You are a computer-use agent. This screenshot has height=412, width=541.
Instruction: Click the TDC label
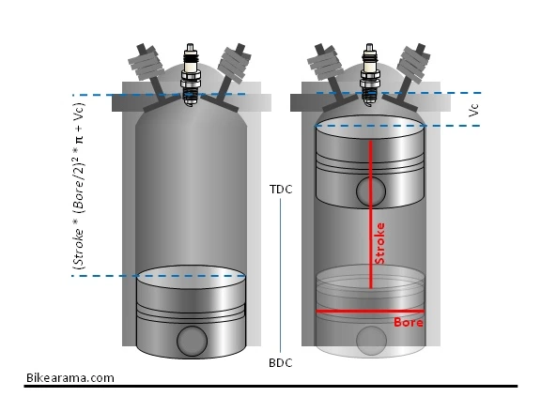(x=281, y=190)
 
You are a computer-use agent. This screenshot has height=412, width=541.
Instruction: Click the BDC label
(x=281, y=362)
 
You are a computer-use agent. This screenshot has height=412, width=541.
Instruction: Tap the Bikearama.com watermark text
(x=70, y=378)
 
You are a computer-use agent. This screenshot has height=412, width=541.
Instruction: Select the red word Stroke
(x=379, y=243)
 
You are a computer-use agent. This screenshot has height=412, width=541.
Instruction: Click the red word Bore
(x=409, y=322)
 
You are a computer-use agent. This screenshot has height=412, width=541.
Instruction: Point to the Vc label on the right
(x=473, y=110)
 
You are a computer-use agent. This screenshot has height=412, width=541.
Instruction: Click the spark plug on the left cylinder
(x=190, y=74)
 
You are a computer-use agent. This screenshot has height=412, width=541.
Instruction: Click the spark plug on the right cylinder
(x=370, y=74)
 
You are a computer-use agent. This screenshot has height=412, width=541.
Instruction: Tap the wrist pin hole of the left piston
(x=192, y=341)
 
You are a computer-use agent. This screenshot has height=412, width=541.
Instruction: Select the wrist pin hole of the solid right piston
(x=371, y=191)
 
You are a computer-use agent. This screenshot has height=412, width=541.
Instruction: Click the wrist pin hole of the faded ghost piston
(x=371, y=341)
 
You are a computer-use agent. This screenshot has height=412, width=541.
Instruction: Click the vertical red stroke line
(x=371, y=215)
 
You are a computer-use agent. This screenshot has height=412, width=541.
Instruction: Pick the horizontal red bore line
(x=370, y=311)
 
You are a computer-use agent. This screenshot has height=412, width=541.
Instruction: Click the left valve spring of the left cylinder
(x=146, y=64)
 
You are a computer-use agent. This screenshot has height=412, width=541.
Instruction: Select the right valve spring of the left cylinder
(x=235, y=63)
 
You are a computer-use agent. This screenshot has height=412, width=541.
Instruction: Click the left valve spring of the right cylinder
(x=324, y=64)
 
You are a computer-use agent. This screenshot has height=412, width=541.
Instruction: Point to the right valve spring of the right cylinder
(x=414, y=64)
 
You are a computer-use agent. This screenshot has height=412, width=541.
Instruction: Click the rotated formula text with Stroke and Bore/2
(x=79, y=186)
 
